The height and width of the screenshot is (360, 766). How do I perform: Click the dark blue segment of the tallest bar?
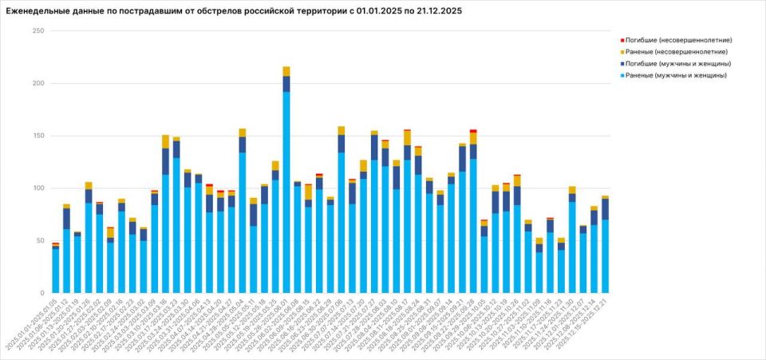pyautogui.click(x=286, y=84)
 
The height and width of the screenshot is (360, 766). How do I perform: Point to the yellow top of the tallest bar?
pyautogui.click(x=286, y=71)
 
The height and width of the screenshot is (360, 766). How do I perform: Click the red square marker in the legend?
pyautogui.click(x=622, y=40)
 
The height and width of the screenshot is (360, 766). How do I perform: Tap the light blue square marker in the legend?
pyautogui.click(x=622, y=75)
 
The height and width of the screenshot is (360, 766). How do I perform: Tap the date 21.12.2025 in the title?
pyautogui.click(x=435, y=12)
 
